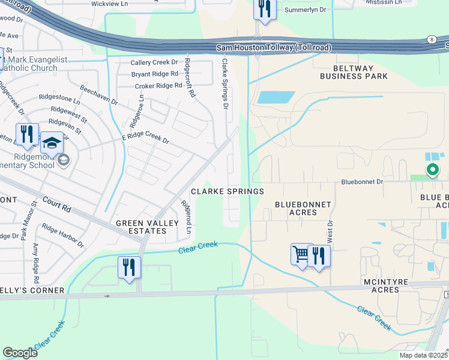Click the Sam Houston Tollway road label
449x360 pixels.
click(x=273, y=47)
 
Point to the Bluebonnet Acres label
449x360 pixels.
click(x=303, y=208)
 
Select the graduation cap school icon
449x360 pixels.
click(x=52, y=142)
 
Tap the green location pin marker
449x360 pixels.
click(x=432, y=170)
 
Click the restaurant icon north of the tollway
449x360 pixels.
click(x=264, y=9)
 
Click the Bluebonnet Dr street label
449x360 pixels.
click(x=361, y=181)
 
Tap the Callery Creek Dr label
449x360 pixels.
click(x=154, y=62)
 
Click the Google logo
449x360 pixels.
click(x=20, y=353)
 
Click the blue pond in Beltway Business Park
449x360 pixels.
click(x=276, y=97)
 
